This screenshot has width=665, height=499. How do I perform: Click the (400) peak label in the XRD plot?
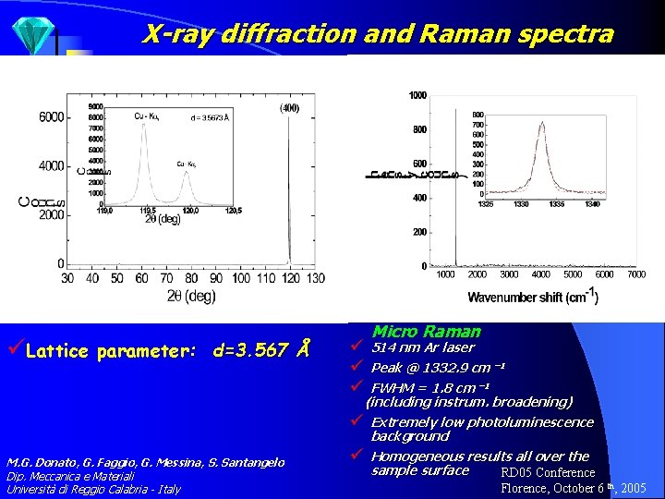click(x=289, y=109)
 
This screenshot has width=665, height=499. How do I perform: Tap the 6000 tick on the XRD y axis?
click(x=50, y=117)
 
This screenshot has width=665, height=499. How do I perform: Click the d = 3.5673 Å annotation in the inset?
click(x=210, y=118)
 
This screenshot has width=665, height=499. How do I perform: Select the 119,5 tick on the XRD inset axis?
click(x=143, y=210)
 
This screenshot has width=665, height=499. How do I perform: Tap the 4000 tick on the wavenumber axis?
click(x=540, y=274)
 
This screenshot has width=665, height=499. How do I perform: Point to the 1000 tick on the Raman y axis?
click(x=417, y=95)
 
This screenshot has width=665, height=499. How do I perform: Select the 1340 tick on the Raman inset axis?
click(x=592, y=204)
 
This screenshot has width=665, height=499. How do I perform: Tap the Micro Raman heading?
click(x=427, y=331)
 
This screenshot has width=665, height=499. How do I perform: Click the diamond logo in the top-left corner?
click(x=32, y=35)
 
